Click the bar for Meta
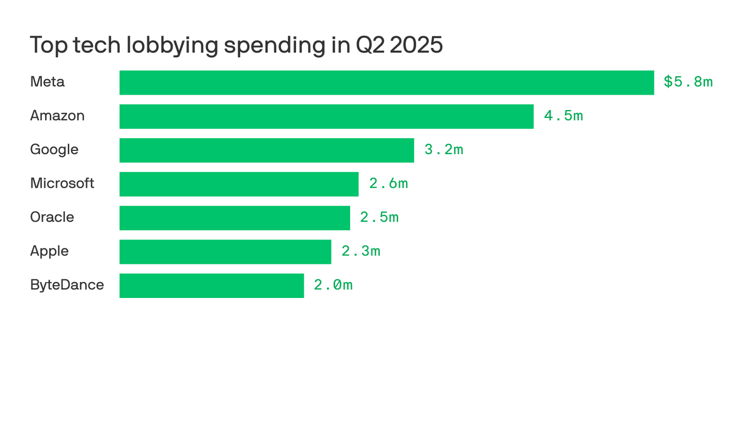(386, 83)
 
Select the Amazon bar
(326, 116)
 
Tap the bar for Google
(267, 150)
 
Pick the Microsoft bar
(239, 184)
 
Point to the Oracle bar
(234, 218)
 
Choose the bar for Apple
(225, 252)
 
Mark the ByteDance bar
(211, 286)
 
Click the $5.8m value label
(688, 82)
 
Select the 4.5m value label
(563, 116)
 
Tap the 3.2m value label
(444, 150)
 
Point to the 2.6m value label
(389, 183)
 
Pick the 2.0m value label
(334, 285)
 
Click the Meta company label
(47, 82)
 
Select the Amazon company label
(57, 116)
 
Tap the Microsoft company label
(62, 183)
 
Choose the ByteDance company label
(67, 285)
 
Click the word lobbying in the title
(171, 45)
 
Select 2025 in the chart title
(416, 45)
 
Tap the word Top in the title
(47, 45)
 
